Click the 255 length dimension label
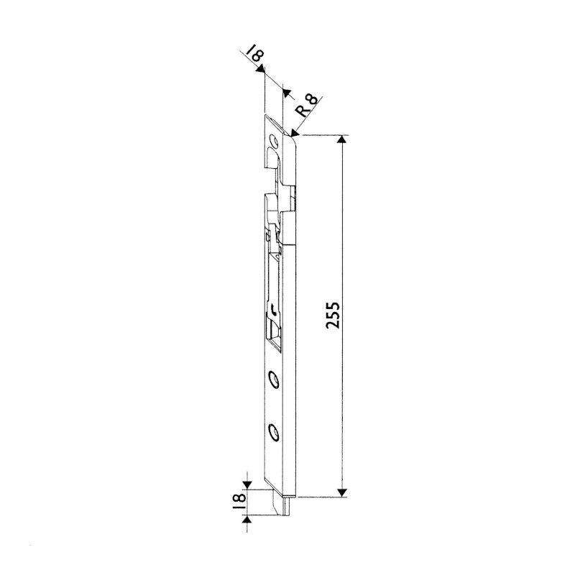click(333, 315)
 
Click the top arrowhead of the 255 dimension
click(342, 139)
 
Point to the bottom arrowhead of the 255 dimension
click(342, 492)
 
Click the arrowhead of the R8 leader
click(295, 133)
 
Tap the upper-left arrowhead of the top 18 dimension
click(260, 68)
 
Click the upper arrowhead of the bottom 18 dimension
click(247, 484)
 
